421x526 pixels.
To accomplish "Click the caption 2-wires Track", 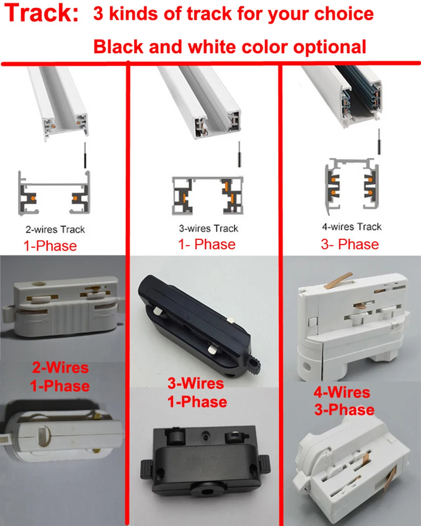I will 55,229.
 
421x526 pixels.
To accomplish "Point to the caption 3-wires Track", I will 209,228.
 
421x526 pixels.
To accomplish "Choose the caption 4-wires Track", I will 352,227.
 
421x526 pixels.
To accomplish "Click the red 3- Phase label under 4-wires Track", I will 350,244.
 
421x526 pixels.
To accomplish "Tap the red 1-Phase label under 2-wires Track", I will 50,245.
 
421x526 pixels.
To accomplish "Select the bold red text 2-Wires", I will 60,367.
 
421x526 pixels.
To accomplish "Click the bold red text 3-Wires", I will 196,383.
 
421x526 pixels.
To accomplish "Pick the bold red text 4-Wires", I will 342,392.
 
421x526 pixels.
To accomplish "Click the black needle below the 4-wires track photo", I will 378,143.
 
